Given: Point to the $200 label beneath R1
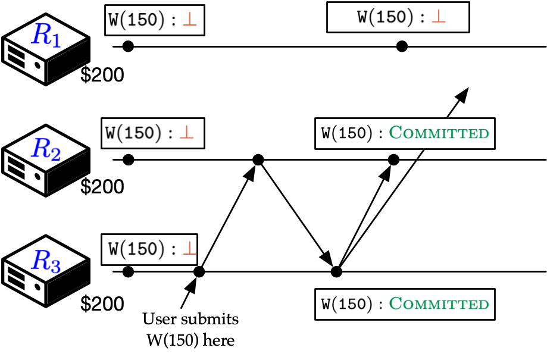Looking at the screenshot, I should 102,75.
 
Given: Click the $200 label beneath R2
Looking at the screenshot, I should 102,187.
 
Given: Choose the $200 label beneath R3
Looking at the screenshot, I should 102,304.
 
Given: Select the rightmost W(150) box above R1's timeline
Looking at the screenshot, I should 398,17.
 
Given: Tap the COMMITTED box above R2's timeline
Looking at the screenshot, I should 404,132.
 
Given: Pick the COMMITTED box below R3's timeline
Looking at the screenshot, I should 404,304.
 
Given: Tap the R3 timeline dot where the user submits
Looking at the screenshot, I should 199,272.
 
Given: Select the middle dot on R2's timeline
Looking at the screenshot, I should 258,159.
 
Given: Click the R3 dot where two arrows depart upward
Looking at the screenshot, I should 336,272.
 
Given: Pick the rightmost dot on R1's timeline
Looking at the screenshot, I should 402,46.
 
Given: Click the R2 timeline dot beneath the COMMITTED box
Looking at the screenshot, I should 393,159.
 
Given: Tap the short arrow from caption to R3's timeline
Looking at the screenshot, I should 187,295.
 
